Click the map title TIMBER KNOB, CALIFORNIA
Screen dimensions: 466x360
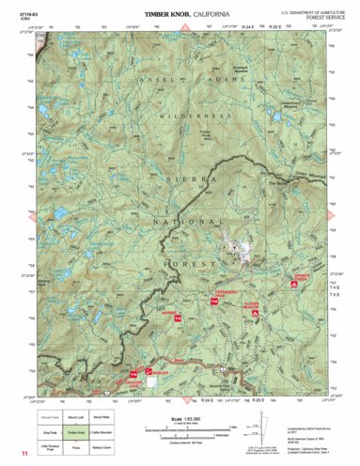pos(180,16)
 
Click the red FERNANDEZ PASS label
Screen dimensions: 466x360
pos(221,297)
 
